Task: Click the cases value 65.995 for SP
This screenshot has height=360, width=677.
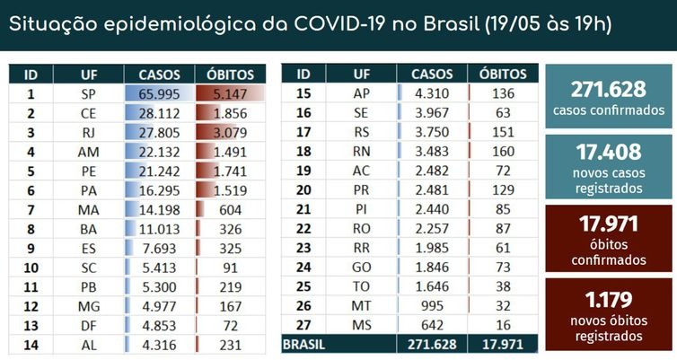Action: (160, 93)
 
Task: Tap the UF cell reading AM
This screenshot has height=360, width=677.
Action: (89, 152)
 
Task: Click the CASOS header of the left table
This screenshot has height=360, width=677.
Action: (160, 75)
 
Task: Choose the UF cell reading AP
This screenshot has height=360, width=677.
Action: (363, 93)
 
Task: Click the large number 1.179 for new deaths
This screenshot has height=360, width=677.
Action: (609, 300)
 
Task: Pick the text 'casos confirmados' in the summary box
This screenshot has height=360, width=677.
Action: (609, 110)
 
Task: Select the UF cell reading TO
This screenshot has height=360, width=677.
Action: (363, 286)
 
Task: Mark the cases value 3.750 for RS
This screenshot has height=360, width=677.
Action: (432, 132)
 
